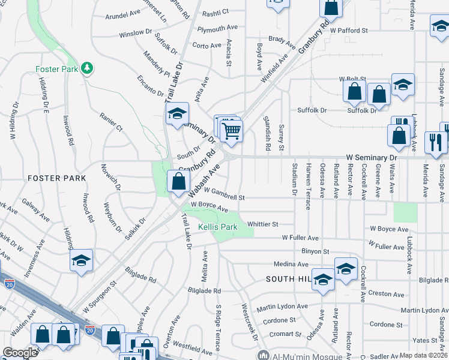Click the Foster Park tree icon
point(88,67)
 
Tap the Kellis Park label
point(218,227)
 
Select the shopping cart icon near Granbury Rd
point(231,130)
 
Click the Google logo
point(20,353)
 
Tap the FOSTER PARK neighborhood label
point(56,178)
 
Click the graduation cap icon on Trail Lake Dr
point(177,113)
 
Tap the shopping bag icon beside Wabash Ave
point(179,181)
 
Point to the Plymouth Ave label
point(218,29)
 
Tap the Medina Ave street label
point(291,264)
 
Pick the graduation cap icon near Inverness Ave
point(81,260)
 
